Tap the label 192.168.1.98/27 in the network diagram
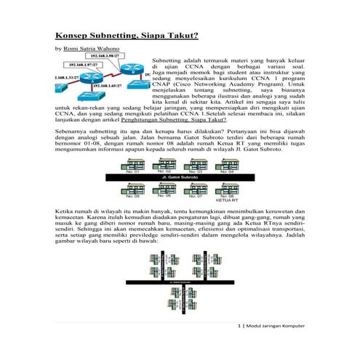pos(104,55)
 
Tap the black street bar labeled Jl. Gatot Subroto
pos(179,175)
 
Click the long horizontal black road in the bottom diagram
pos(179,279)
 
